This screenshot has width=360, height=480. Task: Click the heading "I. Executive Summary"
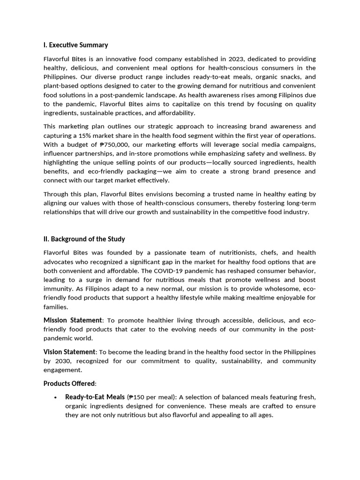click(x=75, y=45)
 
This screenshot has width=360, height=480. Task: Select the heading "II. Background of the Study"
click(x=84, y=239)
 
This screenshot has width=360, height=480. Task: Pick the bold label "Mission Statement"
click(x=73, y=320)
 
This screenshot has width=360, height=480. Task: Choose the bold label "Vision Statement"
click(x=69, y=352)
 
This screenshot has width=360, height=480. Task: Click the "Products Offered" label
click(x=69, y=383)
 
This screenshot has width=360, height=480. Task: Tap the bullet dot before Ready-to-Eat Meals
click(x=55, y=397)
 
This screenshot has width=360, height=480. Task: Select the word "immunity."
click(x=57, y=289)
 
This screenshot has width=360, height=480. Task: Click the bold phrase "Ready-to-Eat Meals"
click(x=95, y=397)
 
